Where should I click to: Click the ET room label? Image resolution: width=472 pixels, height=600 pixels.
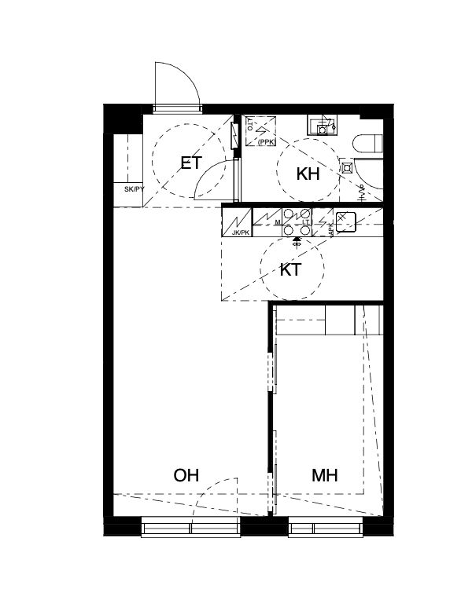point(192,163)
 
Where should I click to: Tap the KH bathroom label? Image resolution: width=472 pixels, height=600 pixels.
point(308,174)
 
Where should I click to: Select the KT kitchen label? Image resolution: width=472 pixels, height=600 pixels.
point(291,270)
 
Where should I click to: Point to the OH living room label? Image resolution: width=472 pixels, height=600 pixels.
point(186,475)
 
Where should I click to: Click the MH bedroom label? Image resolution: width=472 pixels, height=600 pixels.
point(324,475)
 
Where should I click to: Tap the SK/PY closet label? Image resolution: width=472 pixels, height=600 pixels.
point(134,189)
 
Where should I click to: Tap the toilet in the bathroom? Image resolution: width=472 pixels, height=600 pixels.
point(367,144)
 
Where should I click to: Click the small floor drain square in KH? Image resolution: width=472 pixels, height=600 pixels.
point(347,167)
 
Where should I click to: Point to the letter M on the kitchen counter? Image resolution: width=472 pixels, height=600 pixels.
point(278,223)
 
